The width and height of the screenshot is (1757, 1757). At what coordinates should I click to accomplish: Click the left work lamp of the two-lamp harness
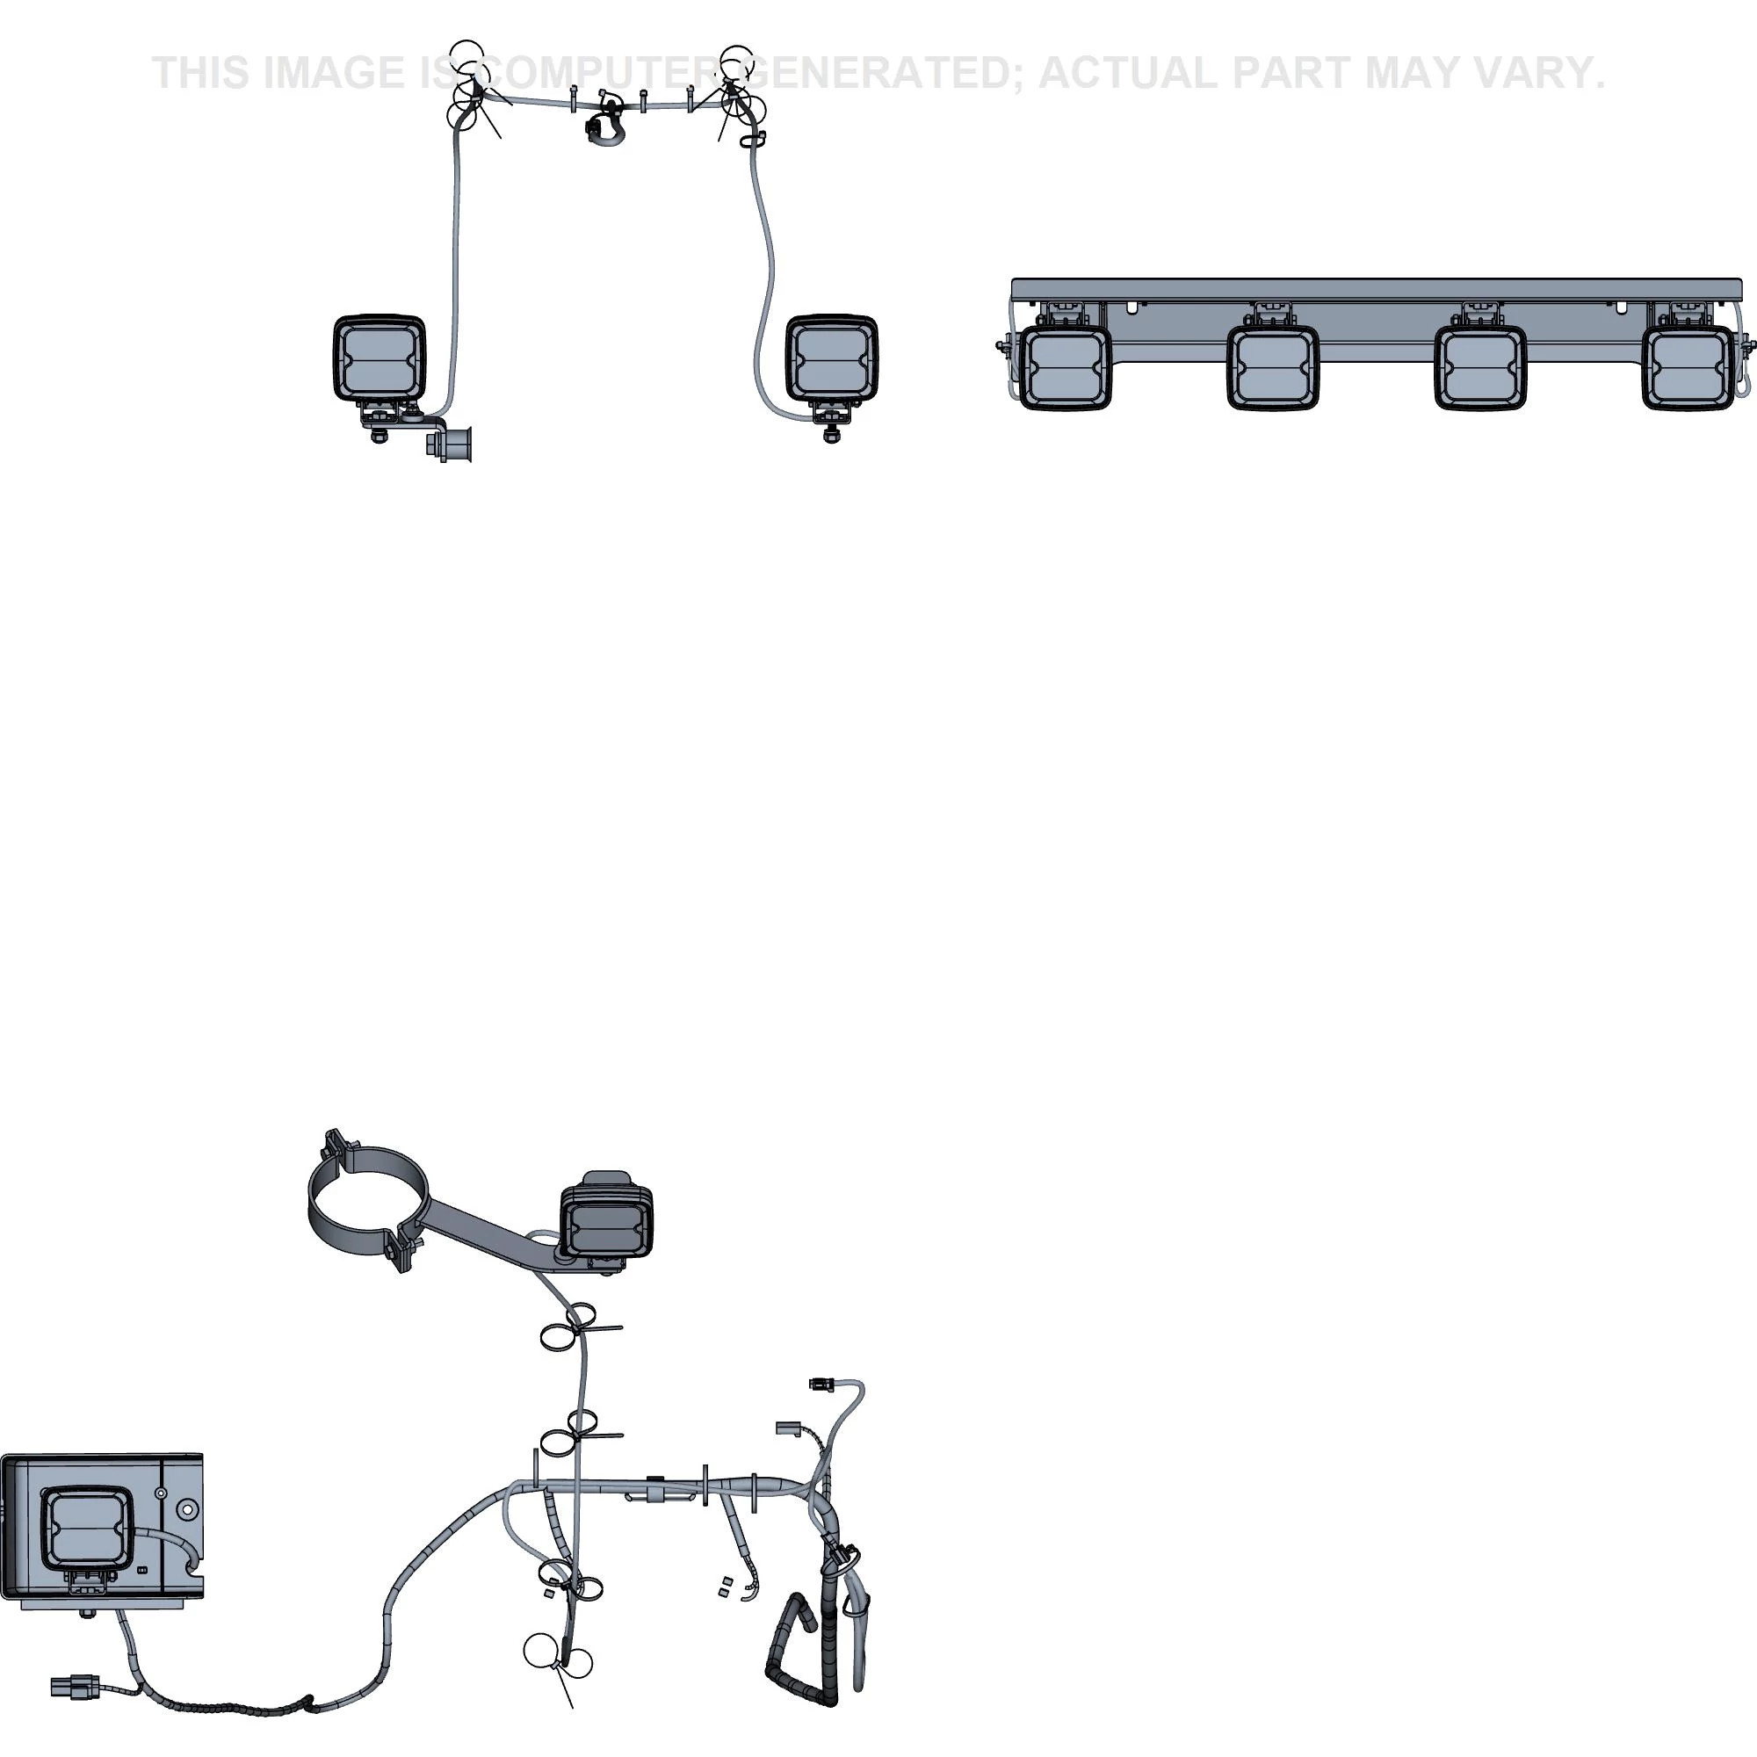[x=380, y=358]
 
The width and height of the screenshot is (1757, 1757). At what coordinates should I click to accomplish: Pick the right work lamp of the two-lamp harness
[x=831, y=358]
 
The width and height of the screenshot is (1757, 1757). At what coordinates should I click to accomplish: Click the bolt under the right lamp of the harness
[x=830, y=435]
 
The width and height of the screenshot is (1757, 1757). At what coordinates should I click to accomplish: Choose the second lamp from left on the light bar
[x=1272, y=367]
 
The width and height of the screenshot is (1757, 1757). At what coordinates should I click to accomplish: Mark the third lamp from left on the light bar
[x=1479, y=367]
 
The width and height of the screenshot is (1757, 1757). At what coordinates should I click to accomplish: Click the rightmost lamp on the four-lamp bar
[x=1688, y=367]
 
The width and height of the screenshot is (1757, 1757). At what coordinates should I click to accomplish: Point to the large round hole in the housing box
[x=187, y=1509]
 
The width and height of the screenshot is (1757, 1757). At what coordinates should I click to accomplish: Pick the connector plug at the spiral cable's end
[x=75, y=1687]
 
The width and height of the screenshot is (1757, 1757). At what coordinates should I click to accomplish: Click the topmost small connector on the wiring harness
[x=821, y=1385]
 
